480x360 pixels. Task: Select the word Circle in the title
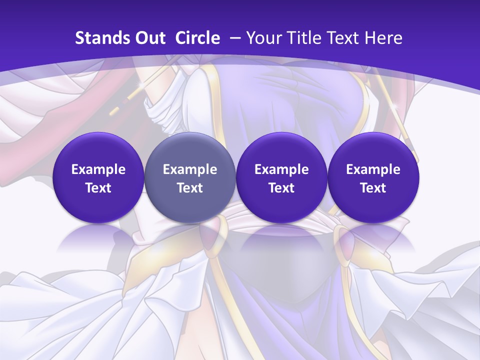point(197,38)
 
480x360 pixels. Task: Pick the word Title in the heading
point(304,38)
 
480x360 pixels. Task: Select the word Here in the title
point(383,38)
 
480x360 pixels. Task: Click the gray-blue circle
point(190,178)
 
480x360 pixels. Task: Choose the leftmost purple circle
point(98,178)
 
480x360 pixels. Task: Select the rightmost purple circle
point(373,178)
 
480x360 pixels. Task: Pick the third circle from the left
point(281,178)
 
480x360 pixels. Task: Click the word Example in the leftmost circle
point(98,169)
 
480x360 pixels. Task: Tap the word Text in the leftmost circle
point(98,188)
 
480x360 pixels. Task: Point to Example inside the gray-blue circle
point(190,169)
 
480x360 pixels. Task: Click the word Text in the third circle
point(281,188)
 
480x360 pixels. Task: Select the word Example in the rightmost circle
point(373,169)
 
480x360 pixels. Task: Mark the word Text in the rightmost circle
point(373,188)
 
